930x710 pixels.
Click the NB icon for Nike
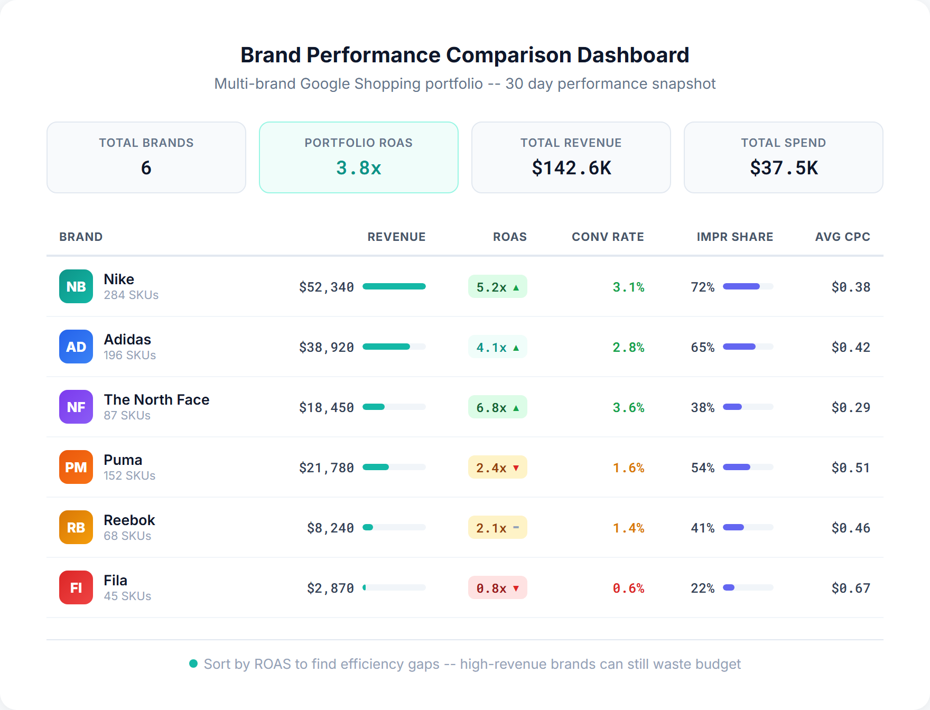(76, 286)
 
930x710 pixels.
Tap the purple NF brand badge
(76, 407)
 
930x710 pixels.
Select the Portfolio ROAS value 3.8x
(358, 168)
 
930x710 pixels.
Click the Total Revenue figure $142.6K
(571, 168)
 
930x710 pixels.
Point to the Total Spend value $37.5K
(783, 168)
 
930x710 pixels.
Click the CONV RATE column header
(607, 237)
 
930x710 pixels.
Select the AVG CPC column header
(842, 237)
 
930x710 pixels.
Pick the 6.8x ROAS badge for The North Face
(497, 407)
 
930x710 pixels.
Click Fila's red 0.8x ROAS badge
(497, 588)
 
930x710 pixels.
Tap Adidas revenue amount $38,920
(327, 347)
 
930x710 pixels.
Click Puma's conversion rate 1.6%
(628, 468)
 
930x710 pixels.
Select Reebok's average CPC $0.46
(850, 528)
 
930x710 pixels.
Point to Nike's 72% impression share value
(702, 287)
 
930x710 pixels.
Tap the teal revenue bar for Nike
(394, 286)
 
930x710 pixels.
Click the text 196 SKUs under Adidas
(129, 355)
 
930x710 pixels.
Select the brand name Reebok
(129, 520)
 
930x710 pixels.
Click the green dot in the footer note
(193, 664)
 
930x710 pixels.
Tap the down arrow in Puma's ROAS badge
(516, 468)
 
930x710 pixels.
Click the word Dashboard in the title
(633, 55)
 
